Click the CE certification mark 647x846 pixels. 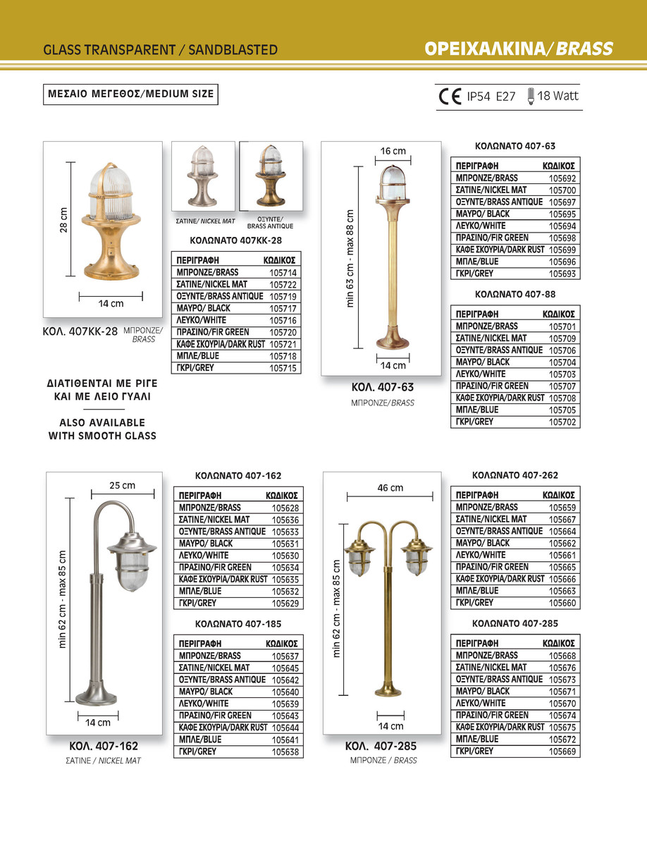(450, 97)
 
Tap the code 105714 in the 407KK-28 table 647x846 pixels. (283, 272)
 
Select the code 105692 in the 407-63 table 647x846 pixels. (562, 178)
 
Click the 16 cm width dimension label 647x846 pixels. (393, 151)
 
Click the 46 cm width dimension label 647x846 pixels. (390, 488)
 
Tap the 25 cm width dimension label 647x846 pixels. (123, 486)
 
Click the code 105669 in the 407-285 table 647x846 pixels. (562, 752)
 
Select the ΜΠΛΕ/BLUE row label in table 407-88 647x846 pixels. (477, 410)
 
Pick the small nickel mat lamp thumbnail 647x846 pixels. (203, 176)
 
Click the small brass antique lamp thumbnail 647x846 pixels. (271, 176)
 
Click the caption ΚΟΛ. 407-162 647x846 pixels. (103, 747)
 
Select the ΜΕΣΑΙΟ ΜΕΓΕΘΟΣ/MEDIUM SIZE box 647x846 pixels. (130, 93)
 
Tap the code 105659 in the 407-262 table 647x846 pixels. (562, 507)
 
